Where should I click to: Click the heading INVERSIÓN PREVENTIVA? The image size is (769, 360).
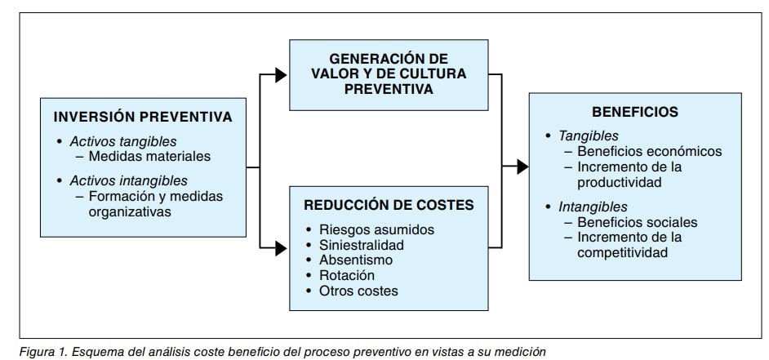click(x=143, y=117)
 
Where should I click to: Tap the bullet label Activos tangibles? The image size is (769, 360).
click(x=122, y=140)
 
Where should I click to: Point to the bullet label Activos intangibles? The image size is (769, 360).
click(x=128, y=180)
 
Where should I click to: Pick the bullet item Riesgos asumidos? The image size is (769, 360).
click(x=366, y=229)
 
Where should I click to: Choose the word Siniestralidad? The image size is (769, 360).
click(x=362, y=244)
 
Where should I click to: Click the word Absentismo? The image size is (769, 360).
click(x=356, y=260)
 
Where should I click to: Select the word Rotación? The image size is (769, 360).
click(x=349, y=275)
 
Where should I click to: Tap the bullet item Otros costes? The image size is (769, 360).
click(x=359, y=291)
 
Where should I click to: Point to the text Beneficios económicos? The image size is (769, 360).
click(x=649, y=151)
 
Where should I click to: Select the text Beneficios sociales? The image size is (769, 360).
click(x=637, y=221)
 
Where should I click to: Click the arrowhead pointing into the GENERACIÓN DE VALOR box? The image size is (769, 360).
click(x=281, y=76)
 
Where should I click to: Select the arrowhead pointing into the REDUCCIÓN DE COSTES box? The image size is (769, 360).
click(x=281, y=246)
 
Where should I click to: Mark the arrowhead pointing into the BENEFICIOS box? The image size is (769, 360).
click(x=522, y=167)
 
